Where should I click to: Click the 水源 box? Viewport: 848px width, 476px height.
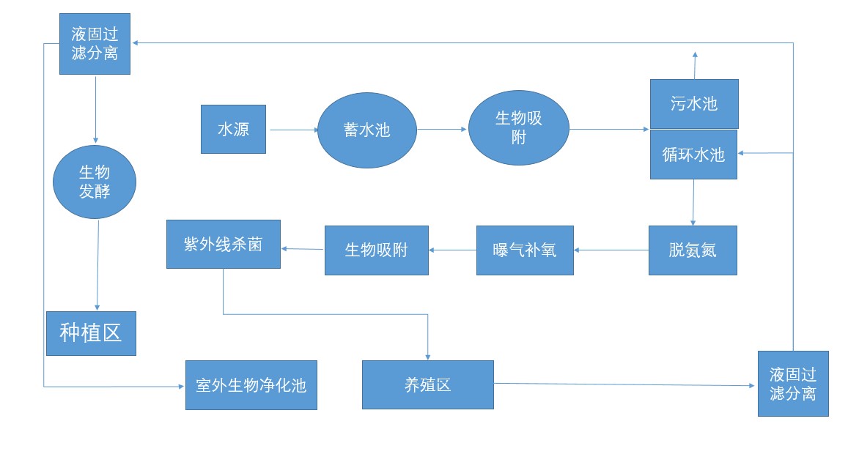233,129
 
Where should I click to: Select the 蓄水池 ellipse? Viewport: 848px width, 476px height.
367,130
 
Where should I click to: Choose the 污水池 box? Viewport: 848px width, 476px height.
694,104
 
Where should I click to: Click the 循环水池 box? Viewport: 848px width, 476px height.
693,155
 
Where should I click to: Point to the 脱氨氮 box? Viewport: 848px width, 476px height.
693,250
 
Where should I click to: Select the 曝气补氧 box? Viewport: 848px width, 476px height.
525,250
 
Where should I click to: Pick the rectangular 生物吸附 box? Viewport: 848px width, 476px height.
376,250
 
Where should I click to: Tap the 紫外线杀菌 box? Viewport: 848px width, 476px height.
223,244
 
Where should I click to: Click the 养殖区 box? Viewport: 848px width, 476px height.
427,384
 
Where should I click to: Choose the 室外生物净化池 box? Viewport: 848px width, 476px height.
251,385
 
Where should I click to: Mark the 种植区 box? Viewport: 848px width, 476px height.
91,333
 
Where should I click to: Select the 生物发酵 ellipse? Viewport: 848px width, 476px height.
95,182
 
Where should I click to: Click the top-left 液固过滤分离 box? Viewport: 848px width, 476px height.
95,43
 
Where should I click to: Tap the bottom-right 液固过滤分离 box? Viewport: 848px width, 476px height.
793,384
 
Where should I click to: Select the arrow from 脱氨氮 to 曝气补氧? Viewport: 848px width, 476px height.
611,250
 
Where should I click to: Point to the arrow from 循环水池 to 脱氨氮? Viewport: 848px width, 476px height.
693,202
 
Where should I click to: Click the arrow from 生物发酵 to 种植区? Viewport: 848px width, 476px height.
97,264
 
